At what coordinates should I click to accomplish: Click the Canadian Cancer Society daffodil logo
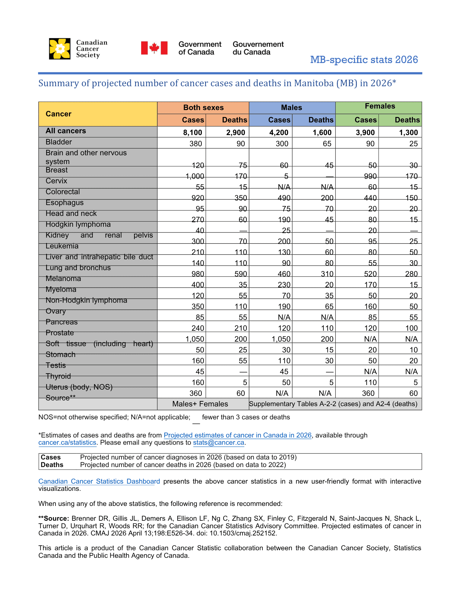click(60, 49)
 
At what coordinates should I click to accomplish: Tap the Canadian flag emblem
click(154, 48)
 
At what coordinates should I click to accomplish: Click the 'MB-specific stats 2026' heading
click(364, 60)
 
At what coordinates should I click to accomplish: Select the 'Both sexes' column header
click(203, 108)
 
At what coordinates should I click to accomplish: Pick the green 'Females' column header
click(379, 106)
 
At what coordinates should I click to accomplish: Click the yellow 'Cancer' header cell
click(59, 114)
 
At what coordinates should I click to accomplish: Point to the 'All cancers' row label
click(66, 131)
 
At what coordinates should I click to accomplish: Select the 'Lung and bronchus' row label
click(78, 268)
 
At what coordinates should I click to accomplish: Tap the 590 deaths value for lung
click(241, 274)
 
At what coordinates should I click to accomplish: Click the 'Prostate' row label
click(60, 333)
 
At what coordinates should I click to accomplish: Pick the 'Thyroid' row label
click(58, 376)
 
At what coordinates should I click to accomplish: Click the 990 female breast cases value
click(370, 176)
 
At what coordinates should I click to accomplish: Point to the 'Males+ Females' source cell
click(200, 404)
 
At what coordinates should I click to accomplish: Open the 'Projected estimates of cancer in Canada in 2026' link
click(237, 435)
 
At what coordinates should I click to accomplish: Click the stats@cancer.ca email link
click(218, 443)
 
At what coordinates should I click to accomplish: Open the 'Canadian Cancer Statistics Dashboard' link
click(99, 481)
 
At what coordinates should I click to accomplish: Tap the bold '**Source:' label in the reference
click(54, 519)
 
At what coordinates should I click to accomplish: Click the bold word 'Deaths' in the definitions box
click(52, 465)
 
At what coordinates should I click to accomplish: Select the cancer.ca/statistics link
click(67, 443)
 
